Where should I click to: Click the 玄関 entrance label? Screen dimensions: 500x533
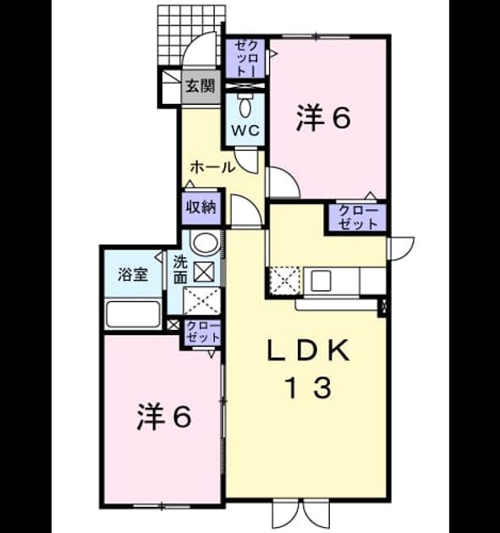pyautogui.click(x=201, y=86)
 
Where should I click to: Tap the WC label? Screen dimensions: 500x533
pyautogui.click(x=245, y=130)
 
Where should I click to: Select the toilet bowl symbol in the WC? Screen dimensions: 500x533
pyautogui.click(x=245, y=106)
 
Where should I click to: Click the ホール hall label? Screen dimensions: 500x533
pyautogui.click(x=213, y=168)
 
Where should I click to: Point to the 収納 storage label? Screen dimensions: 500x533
pyautogui.click(x=201, y=207)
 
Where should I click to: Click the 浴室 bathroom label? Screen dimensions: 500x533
pyautogui.click(x=133, y=275)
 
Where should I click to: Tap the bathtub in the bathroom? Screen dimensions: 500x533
pyautogui.click(x=133, y=314)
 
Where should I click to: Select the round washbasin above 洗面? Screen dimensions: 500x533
pyautogui.click(x=206, y=243)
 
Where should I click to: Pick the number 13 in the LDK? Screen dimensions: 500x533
pyautogui.click(x=309, y=387)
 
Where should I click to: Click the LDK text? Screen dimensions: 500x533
pyautogui.click(x=308, y=351)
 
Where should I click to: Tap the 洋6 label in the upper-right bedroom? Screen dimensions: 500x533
pyautogui.click(x=323, y=118)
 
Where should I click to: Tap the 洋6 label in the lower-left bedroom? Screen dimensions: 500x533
pyautogui.click(x=164, y=417)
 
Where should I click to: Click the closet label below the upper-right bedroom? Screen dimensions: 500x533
pyautogui.click(x=358, y=217)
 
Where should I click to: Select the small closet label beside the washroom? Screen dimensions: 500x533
pyautogui.click(x=203, y=332)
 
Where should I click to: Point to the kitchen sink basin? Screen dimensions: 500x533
pyautogui.click(x=321, y=282)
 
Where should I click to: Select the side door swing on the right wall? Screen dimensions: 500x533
pyautogui.click(x=402, y=249)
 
